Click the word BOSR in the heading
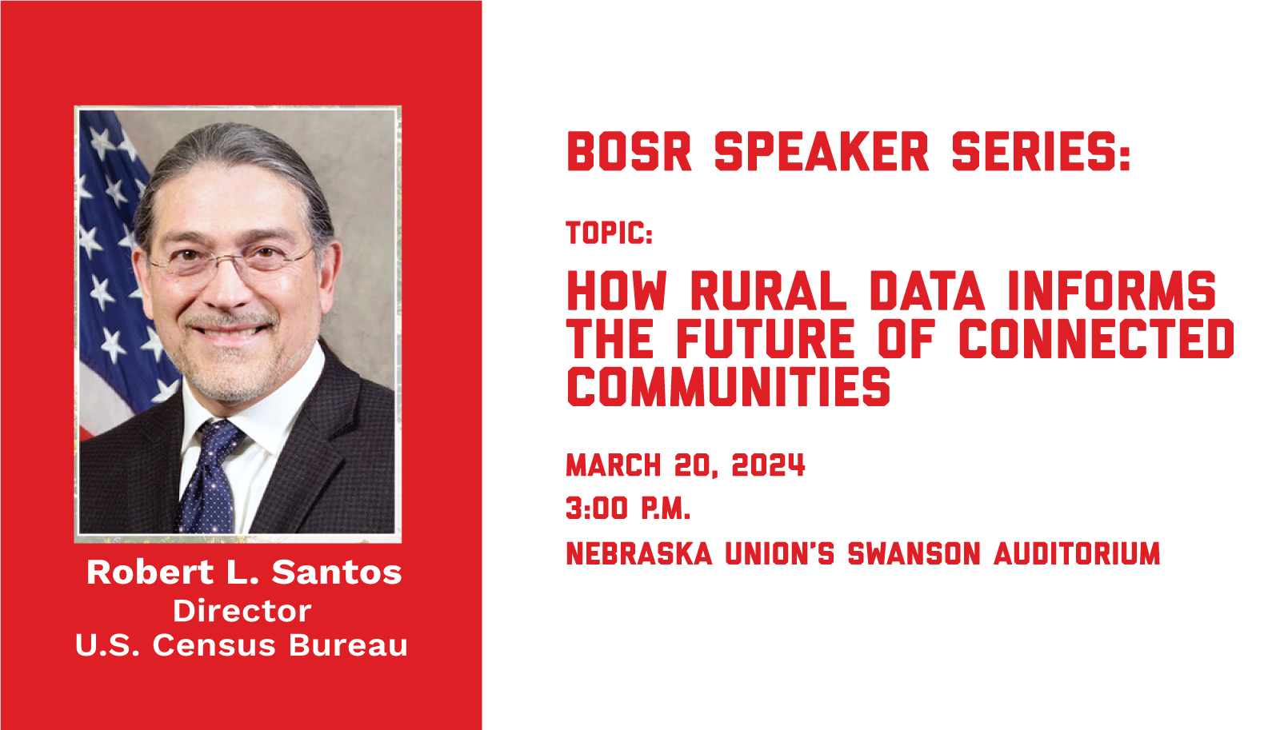click(x=629, y=151)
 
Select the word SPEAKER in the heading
click(x=822, y=151)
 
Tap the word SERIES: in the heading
click(x=1041, y=151)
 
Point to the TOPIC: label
click(x=609, y=233)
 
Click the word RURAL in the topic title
click(x=769, y=291)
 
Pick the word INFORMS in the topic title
click(x=1112, y=291)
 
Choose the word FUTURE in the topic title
click(x=766, y=339)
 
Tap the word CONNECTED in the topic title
click(x=1097, y=339)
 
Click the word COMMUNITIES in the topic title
click(x=729, y=387)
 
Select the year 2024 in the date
click(x=768, y=465)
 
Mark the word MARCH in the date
click(x=613, y=465)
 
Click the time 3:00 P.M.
click(x=628, y=509)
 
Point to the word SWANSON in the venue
click(x=914, y=553)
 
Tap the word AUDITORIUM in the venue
click(x=1077, y=553)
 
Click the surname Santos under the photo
click(x=337, y=572)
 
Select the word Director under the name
click(x=242, y=611)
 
